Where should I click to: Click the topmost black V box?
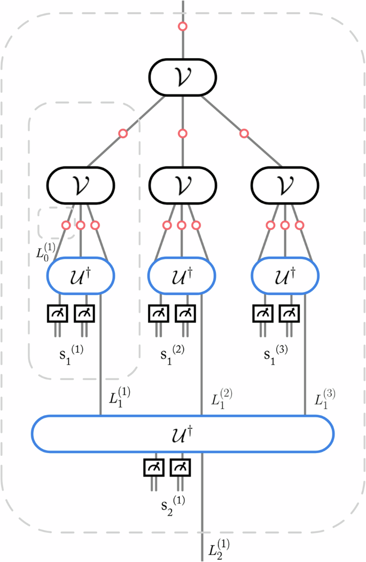point(183,78)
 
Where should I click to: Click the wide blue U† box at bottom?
point(183,433)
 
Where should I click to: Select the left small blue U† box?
point(81,275)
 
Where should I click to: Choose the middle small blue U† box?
point(182,275)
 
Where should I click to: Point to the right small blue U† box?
point(285,275)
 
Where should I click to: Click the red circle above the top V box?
point(183,26)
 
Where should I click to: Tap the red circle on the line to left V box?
point(123,133)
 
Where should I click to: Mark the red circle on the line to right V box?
point(244,133)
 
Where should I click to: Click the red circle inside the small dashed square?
point(66,225)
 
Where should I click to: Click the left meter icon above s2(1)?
point(154,468)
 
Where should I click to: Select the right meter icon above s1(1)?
point(84,314)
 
